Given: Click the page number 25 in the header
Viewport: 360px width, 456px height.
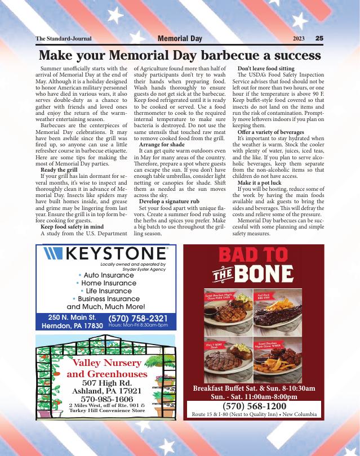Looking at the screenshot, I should (319, 39).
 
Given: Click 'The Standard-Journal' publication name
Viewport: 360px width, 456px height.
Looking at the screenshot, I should (63, 39).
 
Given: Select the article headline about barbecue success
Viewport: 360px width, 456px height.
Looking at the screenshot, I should (180, 56).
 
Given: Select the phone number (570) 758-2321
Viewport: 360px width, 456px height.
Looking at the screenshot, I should (137, 318).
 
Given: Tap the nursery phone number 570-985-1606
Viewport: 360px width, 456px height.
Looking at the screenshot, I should (106, 399).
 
